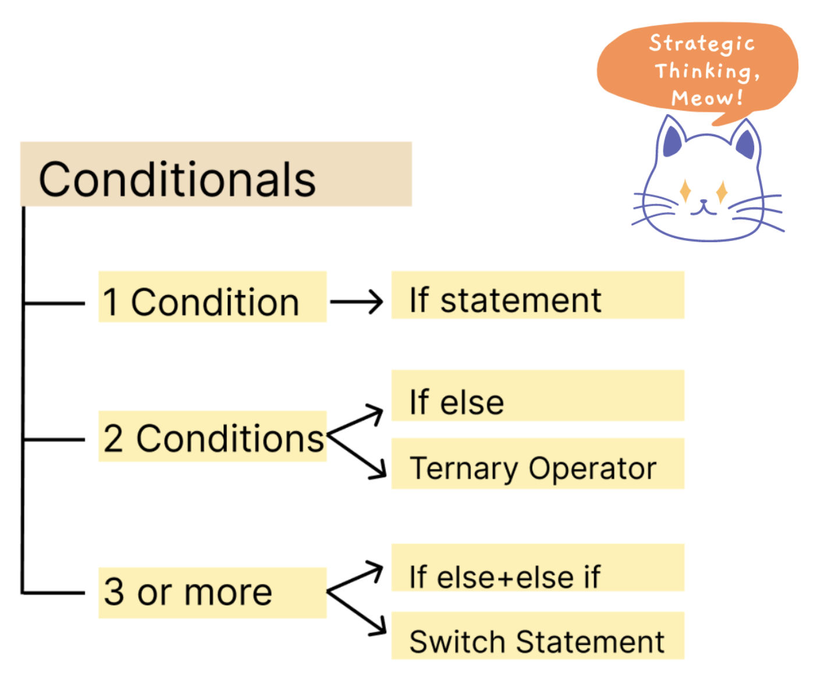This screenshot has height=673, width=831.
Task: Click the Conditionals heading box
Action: point(216,173)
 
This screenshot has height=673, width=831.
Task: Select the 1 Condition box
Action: point(212,297)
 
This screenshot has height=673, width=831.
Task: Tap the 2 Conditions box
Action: point(212,436)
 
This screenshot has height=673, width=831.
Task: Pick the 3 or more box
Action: point(212,593)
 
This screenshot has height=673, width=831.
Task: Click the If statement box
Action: point(538,295)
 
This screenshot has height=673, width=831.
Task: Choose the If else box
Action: point(538,395)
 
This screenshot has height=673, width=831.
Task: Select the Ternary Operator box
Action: point(538,463)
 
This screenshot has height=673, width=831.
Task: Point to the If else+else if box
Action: point(538,568)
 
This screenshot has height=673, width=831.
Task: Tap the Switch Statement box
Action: point(538,636)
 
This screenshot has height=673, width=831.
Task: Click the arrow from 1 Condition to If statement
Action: point(356,302)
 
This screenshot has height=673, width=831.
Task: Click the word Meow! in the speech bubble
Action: point(706,97)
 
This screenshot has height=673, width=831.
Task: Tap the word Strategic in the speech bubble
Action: point(701,44)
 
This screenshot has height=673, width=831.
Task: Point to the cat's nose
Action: point(704,202)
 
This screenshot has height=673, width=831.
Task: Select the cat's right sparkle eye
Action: point(722,192)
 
